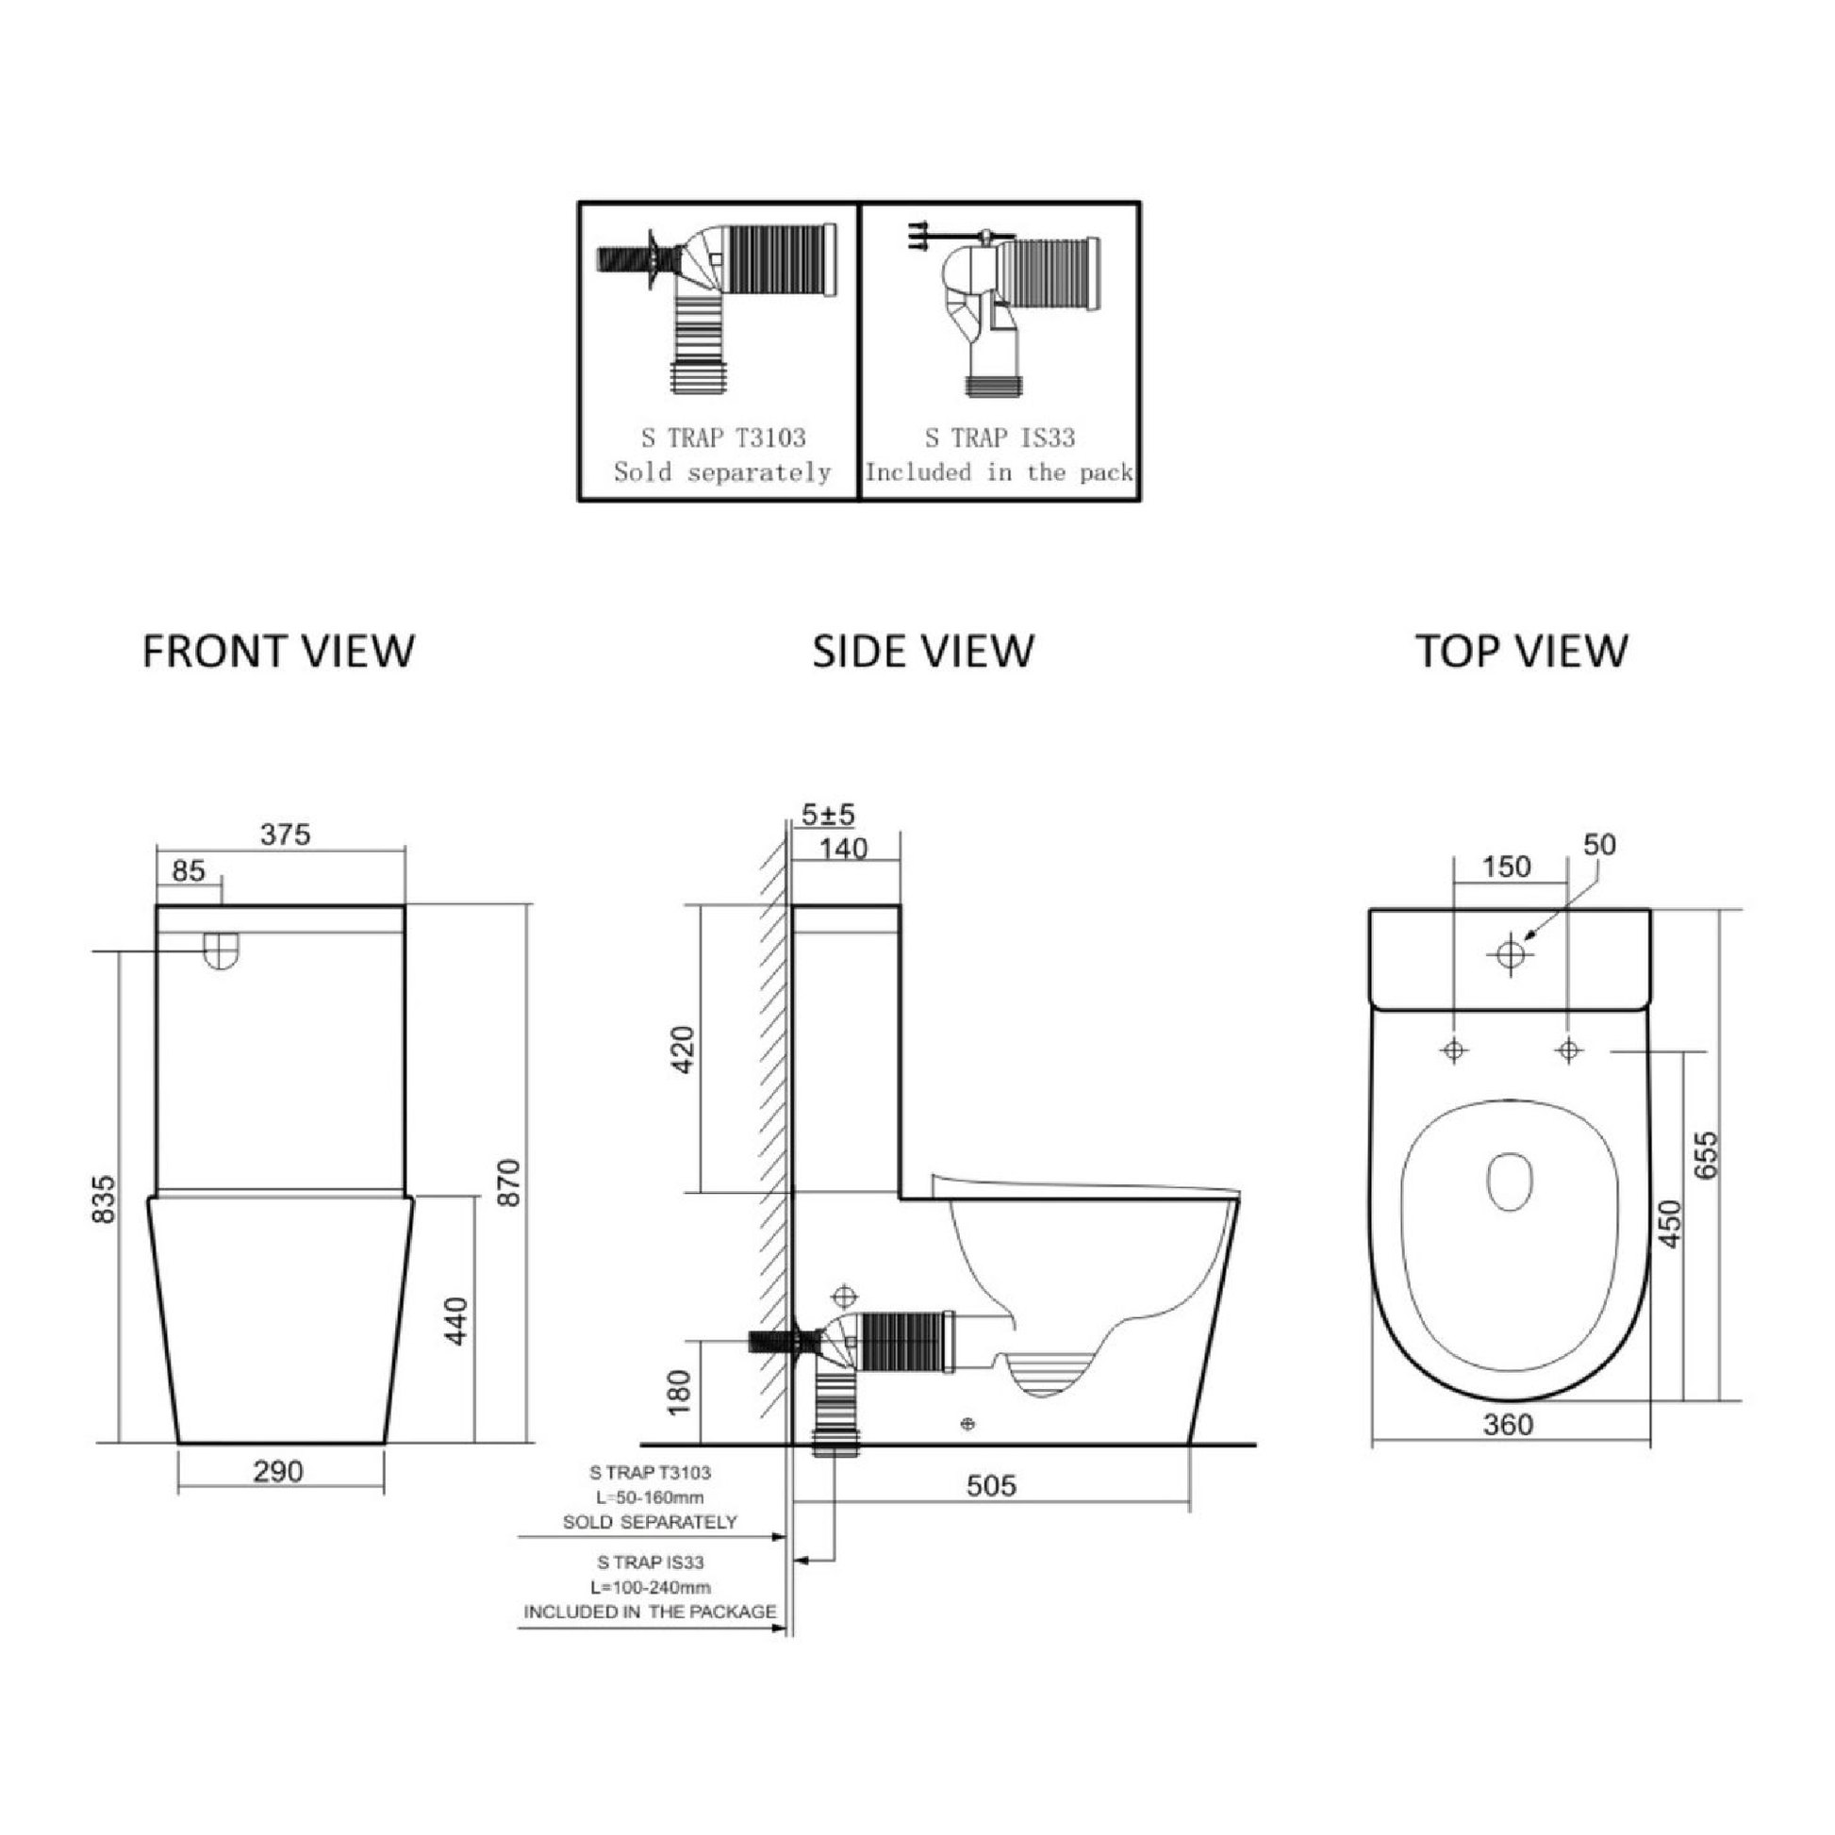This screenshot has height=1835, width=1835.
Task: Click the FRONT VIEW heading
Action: [278, 652]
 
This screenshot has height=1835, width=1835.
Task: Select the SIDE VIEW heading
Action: [922, 652]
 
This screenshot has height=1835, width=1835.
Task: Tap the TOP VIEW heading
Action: [1522, 652]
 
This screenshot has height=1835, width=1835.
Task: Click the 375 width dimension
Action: [285, 834]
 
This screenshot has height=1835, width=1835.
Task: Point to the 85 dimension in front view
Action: [189, 871]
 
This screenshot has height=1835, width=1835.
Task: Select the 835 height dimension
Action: [104, 1199]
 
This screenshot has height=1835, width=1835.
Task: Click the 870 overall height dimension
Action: [510, 1182]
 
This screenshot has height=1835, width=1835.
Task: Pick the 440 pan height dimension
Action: [456, 1320]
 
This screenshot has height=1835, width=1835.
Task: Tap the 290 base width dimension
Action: [278, 1471]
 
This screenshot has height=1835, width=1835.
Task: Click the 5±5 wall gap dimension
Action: [828, 814]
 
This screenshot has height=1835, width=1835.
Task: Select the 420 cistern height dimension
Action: [683, 1050]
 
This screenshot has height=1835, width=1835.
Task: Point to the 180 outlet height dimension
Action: [680, 1393]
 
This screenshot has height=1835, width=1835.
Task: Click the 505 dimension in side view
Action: [991, 1485]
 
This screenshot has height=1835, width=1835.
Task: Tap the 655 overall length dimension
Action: [1707, 1155]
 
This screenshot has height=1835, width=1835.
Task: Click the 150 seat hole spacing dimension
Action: [1506, 867]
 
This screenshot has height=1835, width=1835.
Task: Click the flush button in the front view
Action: [221, 950]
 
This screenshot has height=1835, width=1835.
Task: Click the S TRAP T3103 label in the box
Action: [723, 438]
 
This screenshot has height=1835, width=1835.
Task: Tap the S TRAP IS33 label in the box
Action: [1000, 438]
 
